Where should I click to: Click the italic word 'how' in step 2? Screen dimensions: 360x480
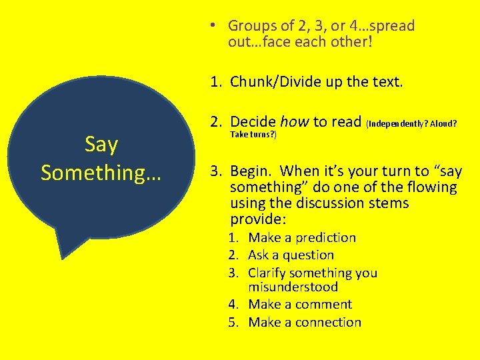tap(294, 121)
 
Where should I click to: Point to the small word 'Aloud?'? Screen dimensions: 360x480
tap(443, 123)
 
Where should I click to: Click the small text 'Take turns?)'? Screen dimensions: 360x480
tap(253, 134)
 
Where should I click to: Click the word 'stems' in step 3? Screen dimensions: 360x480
tap(389, 203)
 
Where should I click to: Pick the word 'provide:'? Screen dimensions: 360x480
tap(257, 219)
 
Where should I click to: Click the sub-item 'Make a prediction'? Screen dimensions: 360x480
tap(301, 237)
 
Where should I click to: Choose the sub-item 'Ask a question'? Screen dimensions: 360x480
tap(291, 255)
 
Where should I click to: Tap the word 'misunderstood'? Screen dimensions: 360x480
tap(293, 287)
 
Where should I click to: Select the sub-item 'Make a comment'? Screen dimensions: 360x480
tap(299, 304)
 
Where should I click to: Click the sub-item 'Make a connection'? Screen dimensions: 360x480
tap(304, 322)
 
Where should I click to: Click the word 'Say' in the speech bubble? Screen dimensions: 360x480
tap(101, 144)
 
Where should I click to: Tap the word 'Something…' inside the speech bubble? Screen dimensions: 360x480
tap(101, 172)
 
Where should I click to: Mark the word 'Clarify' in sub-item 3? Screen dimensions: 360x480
tap(270, 273)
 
